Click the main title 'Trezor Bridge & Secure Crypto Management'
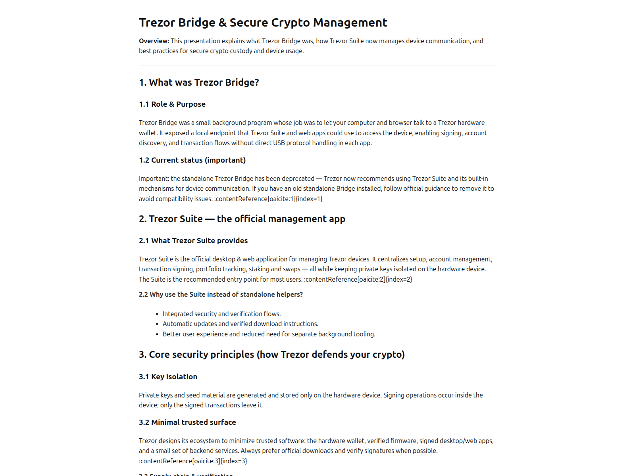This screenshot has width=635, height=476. pos(263,23)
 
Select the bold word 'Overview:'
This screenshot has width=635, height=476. pos(154,41)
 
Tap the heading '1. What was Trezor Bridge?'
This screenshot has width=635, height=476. pos(199,83)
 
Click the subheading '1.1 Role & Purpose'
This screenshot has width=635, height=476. pos(172,104)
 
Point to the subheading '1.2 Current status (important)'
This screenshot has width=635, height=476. pos(192,160)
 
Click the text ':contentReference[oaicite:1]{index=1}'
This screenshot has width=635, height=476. pos(268,199)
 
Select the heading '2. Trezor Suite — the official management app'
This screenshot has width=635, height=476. pos(242,219)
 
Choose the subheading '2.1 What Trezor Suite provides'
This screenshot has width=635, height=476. pos(193,241)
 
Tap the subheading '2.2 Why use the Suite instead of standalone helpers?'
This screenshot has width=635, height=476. pos(221,294)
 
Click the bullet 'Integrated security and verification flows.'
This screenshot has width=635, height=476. pos(221,314)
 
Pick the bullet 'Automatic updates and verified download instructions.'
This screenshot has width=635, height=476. pos(240,324)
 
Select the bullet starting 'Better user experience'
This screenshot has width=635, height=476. pos(269,334)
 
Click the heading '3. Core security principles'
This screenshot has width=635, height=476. pos(271,355)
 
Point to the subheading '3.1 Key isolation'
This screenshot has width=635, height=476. pos(168,377)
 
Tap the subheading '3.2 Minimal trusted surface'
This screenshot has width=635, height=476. pos(187,422)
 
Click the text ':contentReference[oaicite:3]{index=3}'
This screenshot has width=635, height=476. pos(193,461)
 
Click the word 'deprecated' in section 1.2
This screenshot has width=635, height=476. pos(298,178)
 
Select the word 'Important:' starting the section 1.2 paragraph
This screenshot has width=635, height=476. pos(154,178)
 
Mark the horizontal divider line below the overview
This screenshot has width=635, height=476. pos(317,65)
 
